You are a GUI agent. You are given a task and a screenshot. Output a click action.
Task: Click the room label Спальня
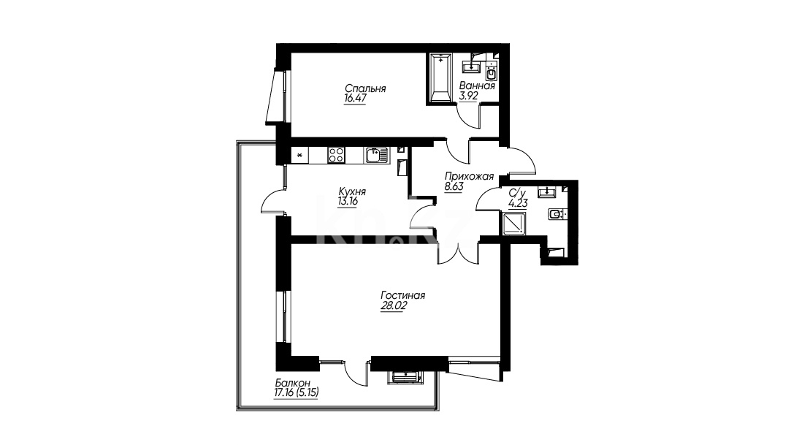tap(365, 89)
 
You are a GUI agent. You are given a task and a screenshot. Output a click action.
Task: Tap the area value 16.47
tap(355, 99)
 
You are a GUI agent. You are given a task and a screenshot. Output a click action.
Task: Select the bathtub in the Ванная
tap(442, 78)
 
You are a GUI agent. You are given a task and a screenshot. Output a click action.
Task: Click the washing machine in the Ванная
tap(492, 75)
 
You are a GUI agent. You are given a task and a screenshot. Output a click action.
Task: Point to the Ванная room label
tap(477, 85)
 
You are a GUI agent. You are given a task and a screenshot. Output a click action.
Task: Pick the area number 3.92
tap(469, 95)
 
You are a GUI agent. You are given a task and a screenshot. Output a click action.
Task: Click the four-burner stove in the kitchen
tap(336, 155)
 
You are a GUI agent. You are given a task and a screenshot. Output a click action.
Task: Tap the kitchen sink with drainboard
tap(377, 155)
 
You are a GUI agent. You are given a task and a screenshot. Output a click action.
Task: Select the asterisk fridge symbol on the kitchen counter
tap(299, 155)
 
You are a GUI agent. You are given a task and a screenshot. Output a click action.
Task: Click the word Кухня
tap(352, 192)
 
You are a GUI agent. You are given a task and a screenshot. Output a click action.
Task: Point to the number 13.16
tap(348, 202)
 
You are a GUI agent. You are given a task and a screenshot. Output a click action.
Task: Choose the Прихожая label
tap(469, 177)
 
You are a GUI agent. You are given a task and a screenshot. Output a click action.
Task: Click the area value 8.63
tap(454, 186)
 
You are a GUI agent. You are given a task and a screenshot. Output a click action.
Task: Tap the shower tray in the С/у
tap(515, 224)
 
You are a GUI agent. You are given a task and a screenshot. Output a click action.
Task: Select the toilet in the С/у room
tap(557, 215)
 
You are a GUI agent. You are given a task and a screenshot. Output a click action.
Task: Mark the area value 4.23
tap(518, 204)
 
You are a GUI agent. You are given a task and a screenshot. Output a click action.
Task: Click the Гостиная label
tap(403, 296)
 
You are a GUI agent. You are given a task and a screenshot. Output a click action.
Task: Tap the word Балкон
tap(293, 383)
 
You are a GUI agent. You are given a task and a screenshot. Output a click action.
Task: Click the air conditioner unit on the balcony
tap(404, 377)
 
